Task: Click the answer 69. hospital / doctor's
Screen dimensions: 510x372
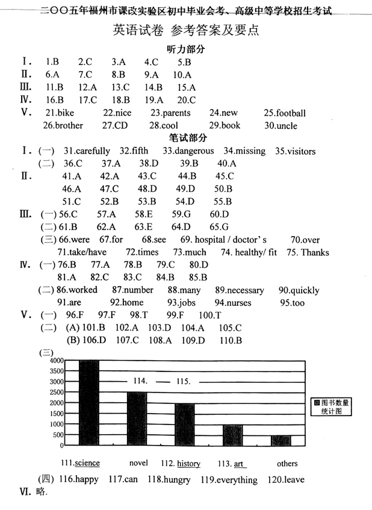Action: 223,240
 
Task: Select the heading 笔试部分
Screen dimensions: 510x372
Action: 187,138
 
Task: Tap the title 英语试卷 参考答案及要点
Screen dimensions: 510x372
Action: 186,30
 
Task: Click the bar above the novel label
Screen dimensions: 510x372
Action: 137,418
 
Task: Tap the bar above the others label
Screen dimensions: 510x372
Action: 281,440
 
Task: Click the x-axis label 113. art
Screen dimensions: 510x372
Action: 232,464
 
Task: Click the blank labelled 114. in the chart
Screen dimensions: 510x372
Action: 142,381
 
